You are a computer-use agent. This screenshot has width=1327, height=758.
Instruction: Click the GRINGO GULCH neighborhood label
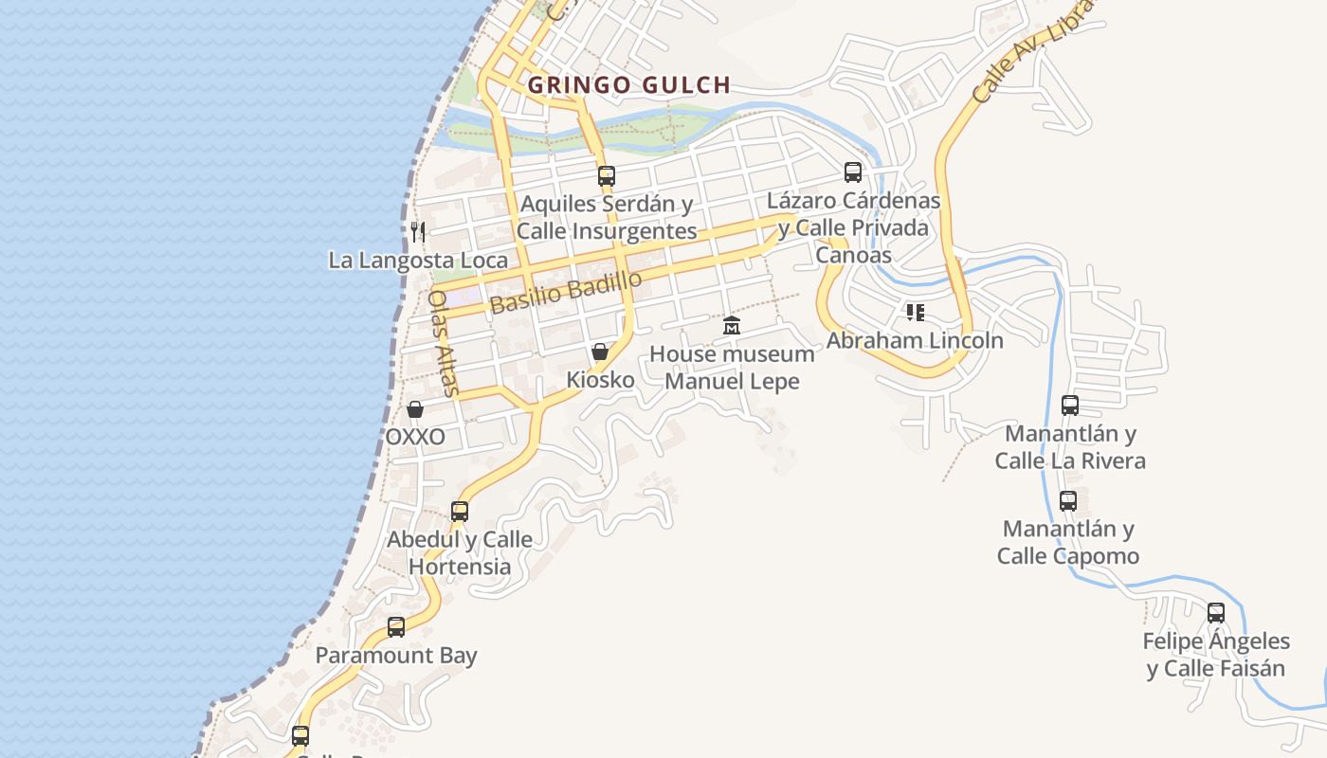(x=629, y=85)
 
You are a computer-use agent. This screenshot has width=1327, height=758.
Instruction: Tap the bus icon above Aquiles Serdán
(x=607, y=175)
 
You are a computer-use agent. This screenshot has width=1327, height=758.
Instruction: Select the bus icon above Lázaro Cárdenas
(x=853, y=171)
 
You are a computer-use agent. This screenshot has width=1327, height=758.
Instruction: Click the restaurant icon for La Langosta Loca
(x=418, y=231)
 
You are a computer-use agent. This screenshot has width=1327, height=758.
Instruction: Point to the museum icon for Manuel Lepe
(x=732, y=326)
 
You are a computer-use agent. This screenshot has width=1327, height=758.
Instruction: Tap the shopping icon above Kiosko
(x=600, y=352)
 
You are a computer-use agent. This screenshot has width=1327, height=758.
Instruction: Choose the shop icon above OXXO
(x=415, y=409)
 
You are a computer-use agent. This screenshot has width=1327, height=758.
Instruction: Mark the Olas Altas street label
(x=443, y=342)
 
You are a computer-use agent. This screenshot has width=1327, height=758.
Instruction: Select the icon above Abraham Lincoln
(x=915, y=312)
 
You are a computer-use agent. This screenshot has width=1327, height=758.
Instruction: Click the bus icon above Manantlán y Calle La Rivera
(x=1070, y=406)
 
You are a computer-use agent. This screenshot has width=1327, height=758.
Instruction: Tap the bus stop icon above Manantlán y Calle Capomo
(x=1068, y=500)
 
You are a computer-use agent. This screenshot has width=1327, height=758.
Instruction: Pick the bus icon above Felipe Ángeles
(x=1216, y=613)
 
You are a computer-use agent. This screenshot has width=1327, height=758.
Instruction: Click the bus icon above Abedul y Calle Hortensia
(x=460, y=512)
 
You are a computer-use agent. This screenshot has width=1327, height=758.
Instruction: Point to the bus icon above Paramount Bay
(x=396, y=627)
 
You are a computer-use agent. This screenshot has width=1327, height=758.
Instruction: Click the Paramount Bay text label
(x=396, y=656)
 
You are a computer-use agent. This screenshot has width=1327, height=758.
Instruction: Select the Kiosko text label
(x=600, y=380)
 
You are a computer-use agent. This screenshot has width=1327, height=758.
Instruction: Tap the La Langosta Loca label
(x=418, y=261)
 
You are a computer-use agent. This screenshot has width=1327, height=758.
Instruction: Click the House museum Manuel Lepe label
(x=732, y=368)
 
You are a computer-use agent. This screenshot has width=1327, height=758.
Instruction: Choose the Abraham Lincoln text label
(x=915, y=340)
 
